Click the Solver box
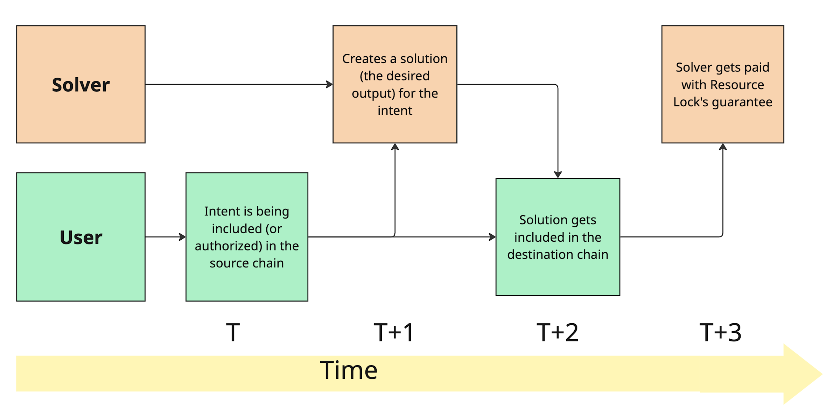[81, 84]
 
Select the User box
[81, 237]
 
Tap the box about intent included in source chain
[247, 237]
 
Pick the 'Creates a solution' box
[395, 84]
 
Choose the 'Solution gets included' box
[558, 237]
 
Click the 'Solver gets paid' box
[722, 84]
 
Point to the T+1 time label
[394, 332]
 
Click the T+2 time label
[557, 332]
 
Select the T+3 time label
[720, 332]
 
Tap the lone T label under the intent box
[233, 332]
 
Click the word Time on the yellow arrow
[349, 370]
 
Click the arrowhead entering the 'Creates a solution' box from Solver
[329, 84]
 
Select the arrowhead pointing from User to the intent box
[182, 237]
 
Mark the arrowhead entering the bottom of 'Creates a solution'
[395, 147]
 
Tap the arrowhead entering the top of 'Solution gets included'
[558, 174]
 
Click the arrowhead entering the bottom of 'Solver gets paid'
[723, 147]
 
